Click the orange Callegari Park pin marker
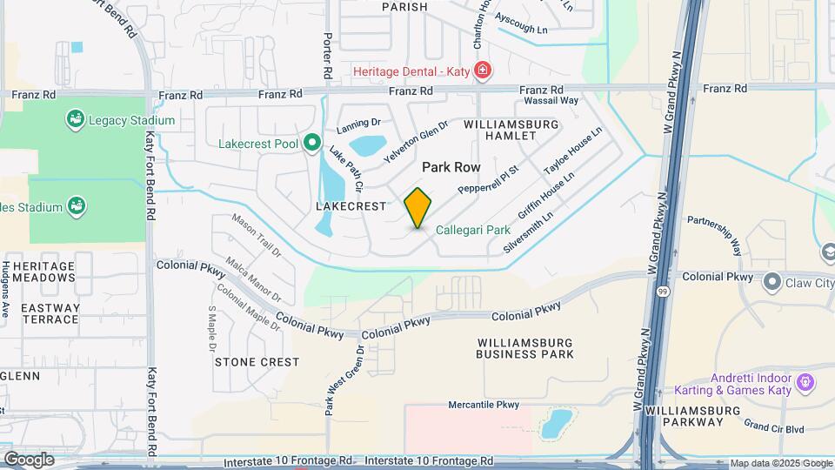(x=418, y=207)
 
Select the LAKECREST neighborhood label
(x=351, y=206)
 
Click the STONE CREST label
(x=257, y=361)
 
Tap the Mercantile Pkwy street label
(x=483, y=405)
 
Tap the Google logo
(x=29, y=460)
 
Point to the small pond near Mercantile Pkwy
(x=555, y=423)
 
